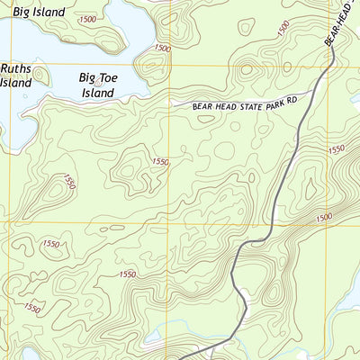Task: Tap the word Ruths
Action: (15, 68)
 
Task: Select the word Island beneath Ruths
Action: (15, 83)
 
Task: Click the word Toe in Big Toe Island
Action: (112, 78)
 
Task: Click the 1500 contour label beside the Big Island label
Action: (88, 19)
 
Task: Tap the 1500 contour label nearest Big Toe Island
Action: (162, 49)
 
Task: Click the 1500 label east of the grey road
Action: (324, 217)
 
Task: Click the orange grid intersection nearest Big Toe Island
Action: (167, 65)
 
